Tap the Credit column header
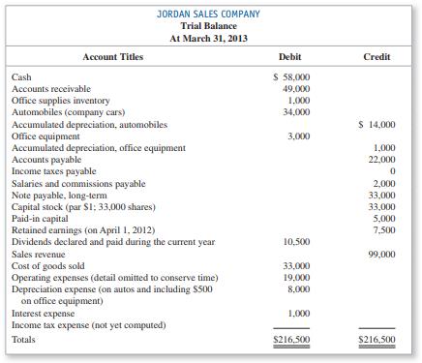(376, 57)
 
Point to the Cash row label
(21, 76)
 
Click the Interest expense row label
(44, 313)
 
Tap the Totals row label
(24, 341)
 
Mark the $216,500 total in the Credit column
(375, 341)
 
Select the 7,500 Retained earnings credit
(381, 230)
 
